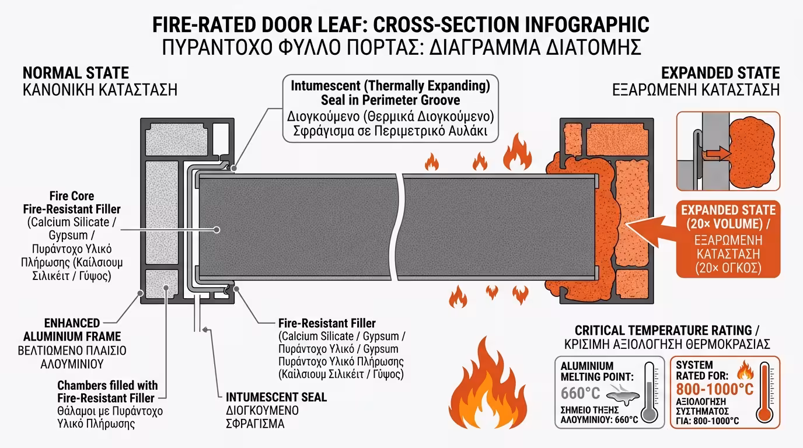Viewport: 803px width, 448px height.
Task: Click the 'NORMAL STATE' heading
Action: point(75,73)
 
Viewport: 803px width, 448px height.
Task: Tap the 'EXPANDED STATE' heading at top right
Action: point(720,73)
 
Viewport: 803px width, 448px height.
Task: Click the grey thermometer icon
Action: point(650,393)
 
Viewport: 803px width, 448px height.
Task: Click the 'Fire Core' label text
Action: point(72,196)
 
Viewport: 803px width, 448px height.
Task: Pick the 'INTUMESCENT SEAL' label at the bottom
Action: point(276,397)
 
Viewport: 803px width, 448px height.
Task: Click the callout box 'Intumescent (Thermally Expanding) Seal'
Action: point(390,108)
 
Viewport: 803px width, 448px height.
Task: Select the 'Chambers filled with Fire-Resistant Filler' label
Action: point(107,392)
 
